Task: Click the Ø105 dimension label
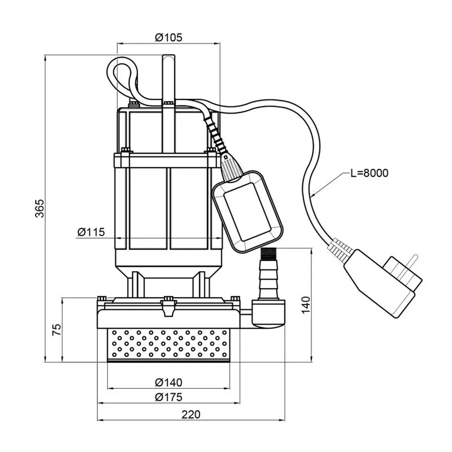(x=168, y=37)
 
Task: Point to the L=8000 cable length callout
(x=369, y=173)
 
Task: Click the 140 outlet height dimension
(x=307, y=304)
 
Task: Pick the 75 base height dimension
(x=56, y=329)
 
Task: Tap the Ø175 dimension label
(x=168, y=397)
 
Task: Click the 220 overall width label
(x=191, y=414)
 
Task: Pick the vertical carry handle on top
(x=168, y=80)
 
